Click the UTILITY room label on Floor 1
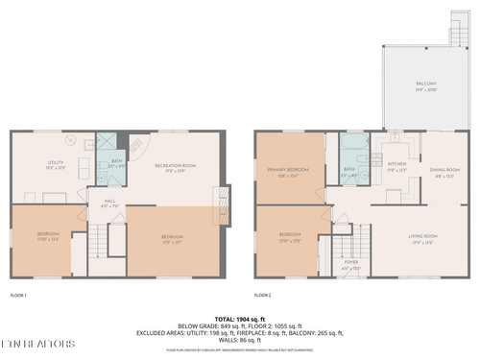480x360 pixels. (x=56, y=165)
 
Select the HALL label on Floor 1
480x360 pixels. (x=109, y=203)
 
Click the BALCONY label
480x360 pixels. (x=425, y=85)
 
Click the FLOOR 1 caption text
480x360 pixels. (x=19, y=295)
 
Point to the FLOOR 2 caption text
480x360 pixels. (x=263, y=295)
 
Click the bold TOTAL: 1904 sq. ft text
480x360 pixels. (x=240, y=317)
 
